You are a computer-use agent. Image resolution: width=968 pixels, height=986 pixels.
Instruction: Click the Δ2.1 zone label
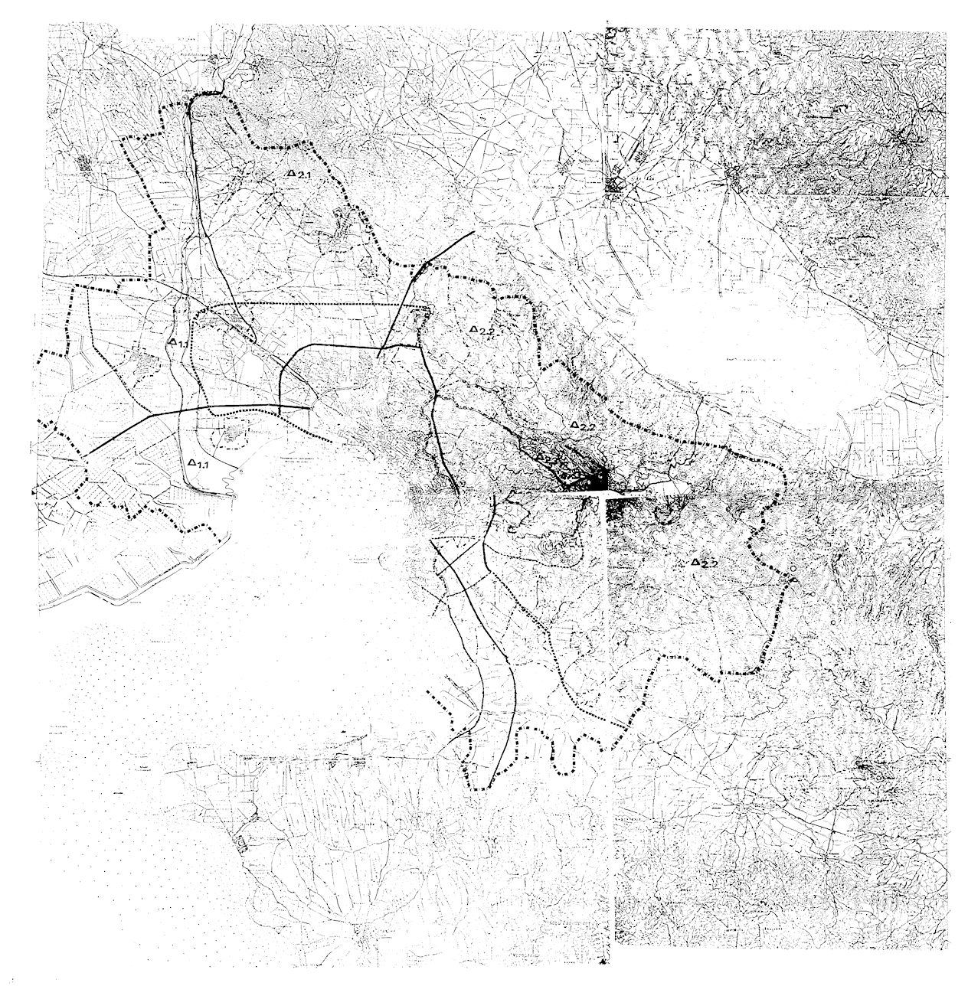[299, 175]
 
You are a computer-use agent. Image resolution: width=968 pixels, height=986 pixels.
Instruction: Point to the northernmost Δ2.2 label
[484, 330]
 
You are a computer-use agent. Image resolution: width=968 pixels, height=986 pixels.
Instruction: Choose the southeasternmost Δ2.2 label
[704, 563]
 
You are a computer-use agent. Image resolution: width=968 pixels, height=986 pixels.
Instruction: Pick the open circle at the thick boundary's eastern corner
[793, 570]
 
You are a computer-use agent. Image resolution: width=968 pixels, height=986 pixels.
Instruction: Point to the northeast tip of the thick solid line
[475, 230]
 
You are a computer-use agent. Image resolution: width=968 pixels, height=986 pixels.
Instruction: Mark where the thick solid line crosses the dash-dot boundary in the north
[423, 266]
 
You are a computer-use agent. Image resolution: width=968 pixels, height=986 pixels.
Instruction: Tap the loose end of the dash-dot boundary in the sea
[430, 696]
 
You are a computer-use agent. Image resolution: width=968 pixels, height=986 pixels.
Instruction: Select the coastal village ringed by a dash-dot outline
[229, 438]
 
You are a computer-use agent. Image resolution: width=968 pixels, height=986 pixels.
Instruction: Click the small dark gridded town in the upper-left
[87, 165]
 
